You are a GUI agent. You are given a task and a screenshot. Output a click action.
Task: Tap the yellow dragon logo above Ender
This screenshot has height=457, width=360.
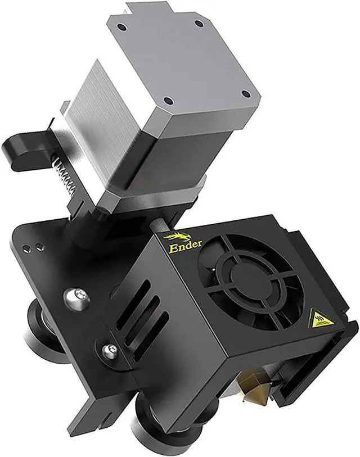pyautogui.click(x=175, y=237)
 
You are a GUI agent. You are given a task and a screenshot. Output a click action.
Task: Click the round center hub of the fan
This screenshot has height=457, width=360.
pyautogui.click(x=247, y=279)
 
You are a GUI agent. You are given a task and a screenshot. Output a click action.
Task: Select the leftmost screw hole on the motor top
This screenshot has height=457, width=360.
pyautogui.click(x=121, y=28)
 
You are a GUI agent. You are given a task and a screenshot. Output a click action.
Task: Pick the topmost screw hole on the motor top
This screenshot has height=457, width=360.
pyautogui.click(x=199, y=24)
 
